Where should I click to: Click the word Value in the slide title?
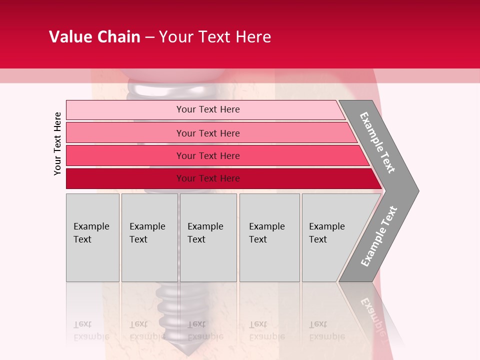pos(70,37)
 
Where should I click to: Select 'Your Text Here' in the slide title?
pos(215,37)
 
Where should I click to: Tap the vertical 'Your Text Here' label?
pos(57,143)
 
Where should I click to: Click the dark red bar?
pos(125,178)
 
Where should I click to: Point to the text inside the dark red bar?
pos(208,178)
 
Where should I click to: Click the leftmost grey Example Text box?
pos(92,237)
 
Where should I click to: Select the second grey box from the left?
pos(149,237)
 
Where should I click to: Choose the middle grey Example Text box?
pos(208,237)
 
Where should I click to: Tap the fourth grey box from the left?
pos(269,237)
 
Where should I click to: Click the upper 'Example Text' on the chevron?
pos(378,142)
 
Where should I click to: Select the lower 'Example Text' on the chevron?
pos(379,236)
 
